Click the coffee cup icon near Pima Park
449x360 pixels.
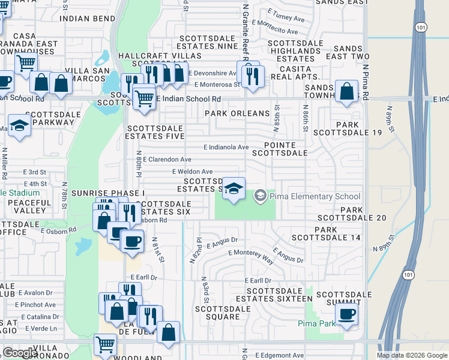[347, 313]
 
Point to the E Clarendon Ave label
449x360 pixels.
[167, 160]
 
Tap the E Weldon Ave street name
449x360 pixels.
[192, 172]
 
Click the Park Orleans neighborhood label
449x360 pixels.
[237, 113]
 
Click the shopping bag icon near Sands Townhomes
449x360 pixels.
[347, 91]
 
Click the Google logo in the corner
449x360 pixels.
[20, 353]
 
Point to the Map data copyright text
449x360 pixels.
[412, 355]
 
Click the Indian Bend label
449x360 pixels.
[88, 19]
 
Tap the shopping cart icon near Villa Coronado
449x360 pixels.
[106, 345]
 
